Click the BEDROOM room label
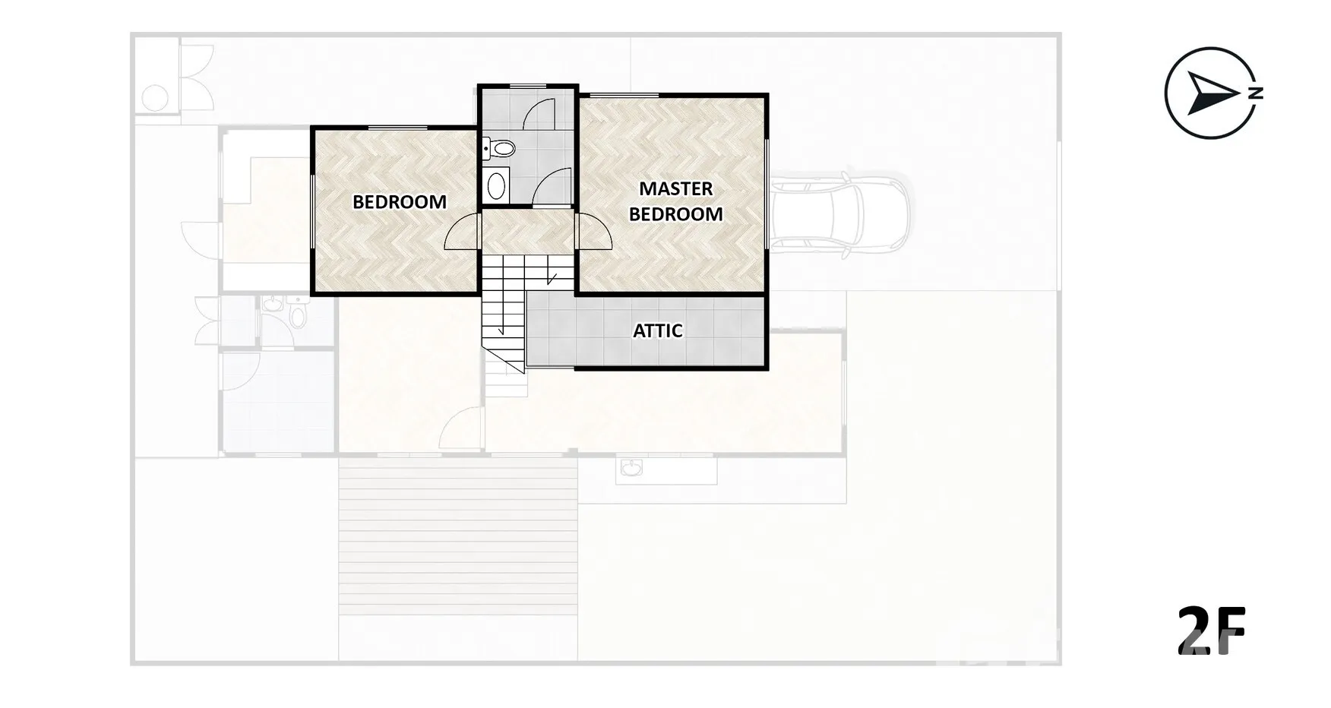tap(400, 202)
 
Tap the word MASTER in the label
tap(675, 188)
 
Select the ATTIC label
tap(658, 330)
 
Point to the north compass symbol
tap(1212, 93)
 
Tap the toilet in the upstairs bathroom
tap(498, 148)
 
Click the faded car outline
tap(839, 210)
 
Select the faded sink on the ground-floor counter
tap(631, 467)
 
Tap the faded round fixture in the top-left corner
tap(155, 98)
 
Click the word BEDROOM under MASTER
tap(675, 214)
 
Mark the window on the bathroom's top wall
tap(528, 85)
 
